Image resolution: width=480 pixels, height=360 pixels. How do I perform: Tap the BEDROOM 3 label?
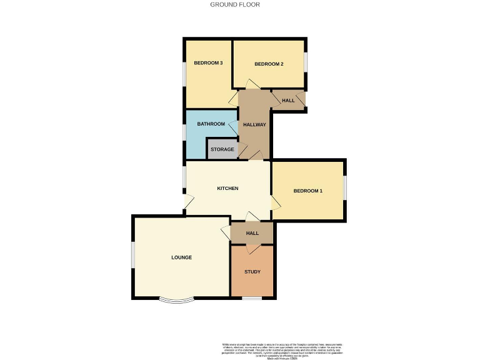[x=208, y=62]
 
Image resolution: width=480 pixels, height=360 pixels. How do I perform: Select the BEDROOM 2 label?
[x=269, y=64]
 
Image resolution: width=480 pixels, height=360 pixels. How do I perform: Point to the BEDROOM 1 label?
[x=308, y=191]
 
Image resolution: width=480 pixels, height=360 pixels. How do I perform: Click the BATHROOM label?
[x=211, y=124]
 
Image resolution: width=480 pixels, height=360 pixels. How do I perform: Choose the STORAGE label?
[x=222, y=149]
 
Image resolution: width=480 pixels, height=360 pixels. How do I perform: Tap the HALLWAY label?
[x=254, y=124]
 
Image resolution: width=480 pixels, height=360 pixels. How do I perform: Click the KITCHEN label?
[x=227, y=188]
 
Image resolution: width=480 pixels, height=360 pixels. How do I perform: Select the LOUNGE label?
[x=181, y=257]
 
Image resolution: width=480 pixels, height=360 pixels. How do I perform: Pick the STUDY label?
[x=252, y=272]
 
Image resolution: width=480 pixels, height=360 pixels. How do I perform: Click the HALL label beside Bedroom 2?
[x=288, y=101]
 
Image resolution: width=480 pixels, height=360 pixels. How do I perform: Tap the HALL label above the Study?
[x=252, y=233]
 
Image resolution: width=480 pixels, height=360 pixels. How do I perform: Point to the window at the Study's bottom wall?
[x=252, y=298]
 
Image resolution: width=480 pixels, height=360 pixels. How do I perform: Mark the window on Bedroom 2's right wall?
[x=306, y=63]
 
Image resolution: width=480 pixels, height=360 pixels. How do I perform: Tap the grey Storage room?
[x=222, y=149]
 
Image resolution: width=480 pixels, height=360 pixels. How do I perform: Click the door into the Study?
[x=251, y=248]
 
